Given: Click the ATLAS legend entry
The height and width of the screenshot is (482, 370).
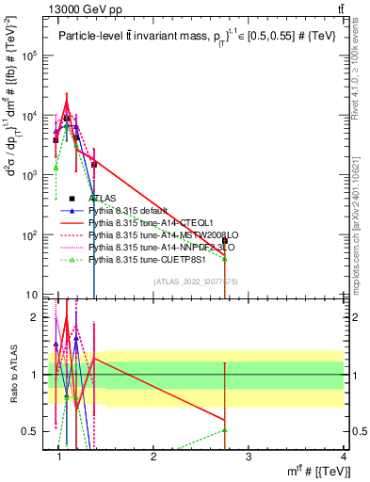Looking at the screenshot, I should (x=105, y=199).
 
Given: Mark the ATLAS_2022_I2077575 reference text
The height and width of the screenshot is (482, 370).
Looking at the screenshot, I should (x=195, y=281).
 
